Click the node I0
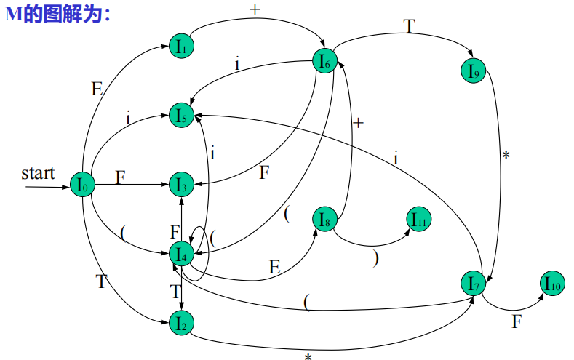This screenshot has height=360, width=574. (x=83, y=185)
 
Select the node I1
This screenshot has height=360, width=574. (x=181, y=47)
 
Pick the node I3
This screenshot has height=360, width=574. (x=181, y=185)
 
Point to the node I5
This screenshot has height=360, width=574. (x=181, y=114)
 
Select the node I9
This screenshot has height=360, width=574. (x=473, y=71)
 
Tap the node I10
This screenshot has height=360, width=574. (x=551, y=284)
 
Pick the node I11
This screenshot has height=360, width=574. (x=419, y=219)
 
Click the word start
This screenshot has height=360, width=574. (x=38, y=173)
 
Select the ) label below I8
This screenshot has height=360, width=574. (x=375, y=258)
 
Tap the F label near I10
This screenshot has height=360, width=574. (x=517, y=321)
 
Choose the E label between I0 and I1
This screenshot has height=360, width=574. (x=97, y=89)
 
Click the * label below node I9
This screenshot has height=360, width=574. (x=506, y=156)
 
